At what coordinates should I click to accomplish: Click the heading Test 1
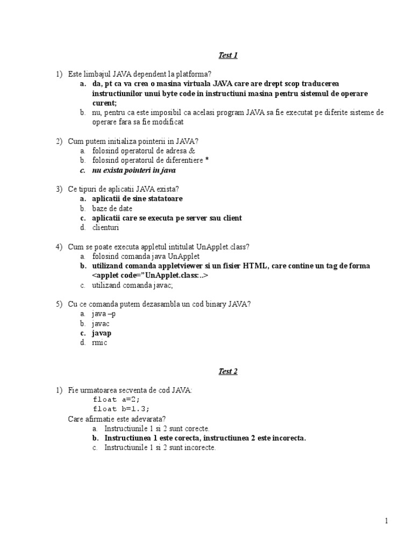227,55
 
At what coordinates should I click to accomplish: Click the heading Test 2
227,371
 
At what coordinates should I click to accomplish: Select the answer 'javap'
102,333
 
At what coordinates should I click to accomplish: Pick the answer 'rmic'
99,343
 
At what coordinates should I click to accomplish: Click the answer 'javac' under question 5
101,323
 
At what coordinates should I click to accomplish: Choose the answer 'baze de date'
112,208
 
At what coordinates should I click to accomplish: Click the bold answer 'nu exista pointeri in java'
134,170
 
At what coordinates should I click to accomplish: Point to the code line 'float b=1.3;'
121,409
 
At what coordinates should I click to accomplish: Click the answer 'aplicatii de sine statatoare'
137,199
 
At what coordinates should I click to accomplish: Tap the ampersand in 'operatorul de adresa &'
192,151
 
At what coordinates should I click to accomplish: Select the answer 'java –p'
104,314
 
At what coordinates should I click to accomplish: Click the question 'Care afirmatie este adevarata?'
117,418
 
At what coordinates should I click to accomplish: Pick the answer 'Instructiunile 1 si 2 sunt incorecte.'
160,447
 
